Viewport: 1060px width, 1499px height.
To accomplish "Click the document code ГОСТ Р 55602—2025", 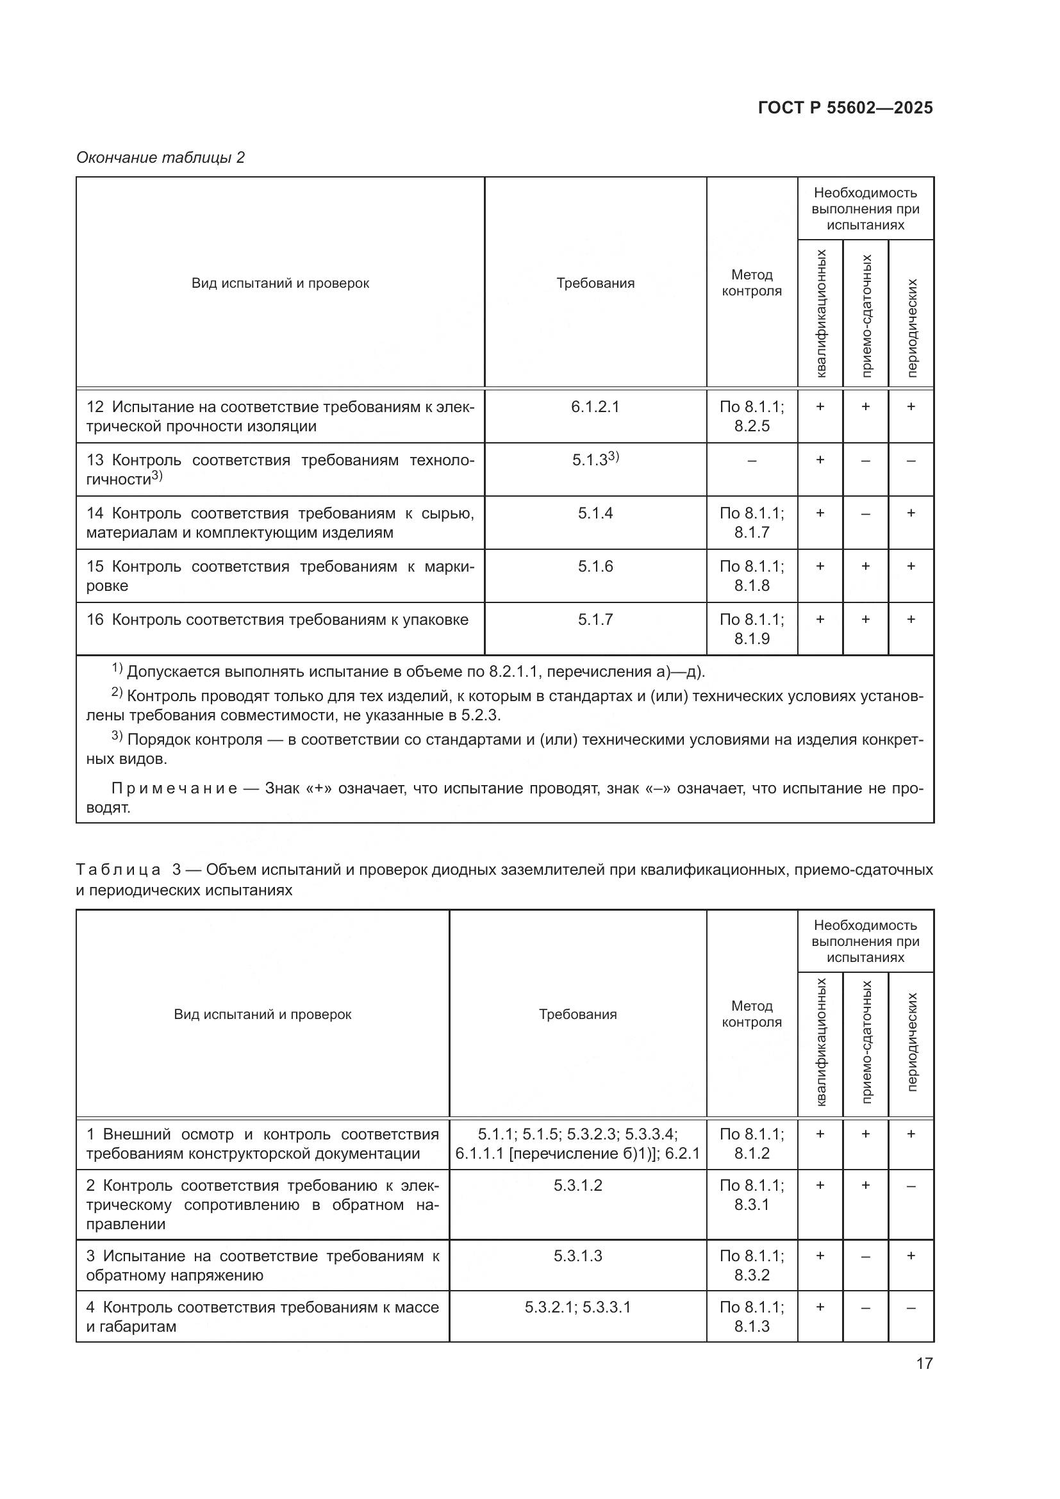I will pos(845,108).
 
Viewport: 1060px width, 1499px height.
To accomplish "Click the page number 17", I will pos(924,1363).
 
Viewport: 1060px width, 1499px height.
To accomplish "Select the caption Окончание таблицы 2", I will pos(161,158).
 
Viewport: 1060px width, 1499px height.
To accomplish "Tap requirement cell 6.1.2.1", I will pos(595,407).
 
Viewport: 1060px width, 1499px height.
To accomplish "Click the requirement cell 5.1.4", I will pos(595,513).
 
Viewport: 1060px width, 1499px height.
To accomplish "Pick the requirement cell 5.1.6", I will pos(595,566).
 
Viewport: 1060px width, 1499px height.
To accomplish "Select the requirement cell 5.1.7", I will pos(595,619).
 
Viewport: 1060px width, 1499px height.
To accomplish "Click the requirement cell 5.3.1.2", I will pos(577,1185).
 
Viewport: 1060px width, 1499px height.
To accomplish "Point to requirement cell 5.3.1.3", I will pos(577,1255).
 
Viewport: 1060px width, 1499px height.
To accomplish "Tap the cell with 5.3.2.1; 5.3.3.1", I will pos(577,1307).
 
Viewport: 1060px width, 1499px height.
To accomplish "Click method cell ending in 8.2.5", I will pos(752,417).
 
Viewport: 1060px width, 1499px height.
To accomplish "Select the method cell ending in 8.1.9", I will pos(752,629).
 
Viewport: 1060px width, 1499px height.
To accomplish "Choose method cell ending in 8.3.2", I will pos(752,1265).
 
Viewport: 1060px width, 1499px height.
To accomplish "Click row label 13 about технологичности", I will pos(280,469).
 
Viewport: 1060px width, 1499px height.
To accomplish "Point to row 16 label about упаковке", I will pos(277,620).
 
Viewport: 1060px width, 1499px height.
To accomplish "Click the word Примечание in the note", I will pos(174,788).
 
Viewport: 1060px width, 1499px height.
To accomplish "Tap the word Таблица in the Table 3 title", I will pos(118,870).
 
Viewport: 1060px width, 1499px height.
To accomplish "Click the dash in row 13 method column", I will pos(752,461).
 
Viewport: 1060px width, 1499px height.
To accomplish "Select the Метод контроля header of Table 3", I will pos(752,1014).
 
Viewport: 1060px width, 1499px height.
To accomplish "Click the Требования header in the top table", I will pos(595,283).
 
